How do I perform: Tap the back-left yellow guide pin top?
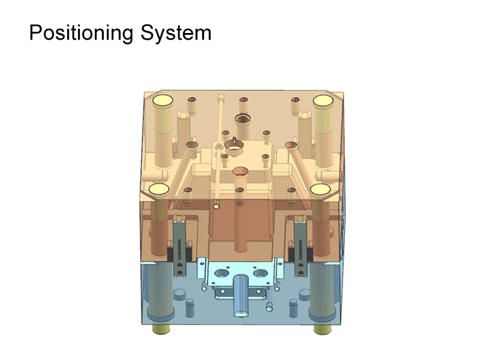tap(164, 100)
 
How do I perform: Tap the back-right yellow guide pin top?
tap(323, 100)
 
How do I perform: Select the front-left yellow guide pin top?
tap(158, 189)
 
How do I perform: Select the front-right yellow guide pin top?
tap(320, 189)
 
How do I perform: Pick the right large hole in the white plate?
tap(260, 273)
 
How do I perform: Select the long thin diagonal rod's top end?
tap(221, 95)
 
